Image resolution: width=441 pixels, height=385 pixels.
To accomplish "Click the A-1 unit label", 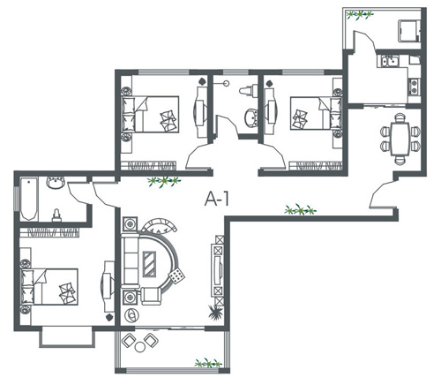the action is coord(217,199).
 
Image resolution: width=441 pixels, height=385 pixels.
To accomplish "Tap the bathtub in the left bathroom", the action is coord(29,199).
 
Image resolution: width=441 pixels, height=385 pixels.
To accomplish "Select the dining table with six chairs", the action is coord(400,139).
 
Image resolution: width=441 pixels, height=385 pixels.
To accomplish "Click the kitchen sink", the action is coord(390,61).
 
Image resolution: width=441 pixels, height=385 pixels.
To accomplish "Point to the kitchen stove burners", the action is coord(414,87).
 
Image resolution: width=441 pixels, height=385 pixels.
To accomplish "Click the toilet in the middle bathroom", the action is coord(249,90).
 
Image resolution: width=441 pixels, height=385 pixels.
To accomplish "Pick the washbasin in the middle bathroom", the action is coord(251,117).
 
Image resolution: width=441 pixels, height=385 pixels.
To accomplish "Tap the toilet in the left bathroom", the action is coord(56,215).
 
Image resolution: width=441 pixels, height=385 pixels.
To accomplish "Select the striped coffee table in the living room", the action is coord(149,264).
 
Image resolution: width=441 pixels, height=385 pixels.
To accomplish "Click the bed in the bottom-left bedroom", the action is coord(49,286).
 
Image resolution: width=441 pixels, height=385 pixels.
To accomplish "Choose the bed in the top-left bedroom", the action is coord(150,114).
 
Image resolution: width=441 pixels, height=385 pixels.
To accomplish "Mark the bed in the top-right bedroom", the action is coord(317,113).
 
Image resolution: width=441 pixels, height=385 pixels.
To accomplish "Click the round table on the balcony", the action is coord(139,347).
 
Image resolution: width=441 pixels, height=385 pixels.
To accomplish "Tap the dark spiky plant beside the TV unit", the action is coord(215,312).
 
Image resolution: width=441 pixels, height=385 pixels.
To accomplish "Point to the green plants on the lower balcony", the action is coord(208,363).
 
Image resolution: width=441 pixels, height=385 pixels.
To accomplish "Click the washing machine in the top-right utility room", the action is coord(408,31).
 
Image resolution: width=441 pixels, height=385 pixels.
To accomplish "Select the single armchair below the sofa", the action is coord(152,296).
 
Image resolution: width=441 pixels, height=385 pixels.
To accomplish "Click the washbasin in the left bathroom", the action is coord(56,183).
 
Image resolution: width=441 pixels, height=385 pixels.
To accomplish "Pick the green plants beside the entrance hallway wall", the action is coord(300,209).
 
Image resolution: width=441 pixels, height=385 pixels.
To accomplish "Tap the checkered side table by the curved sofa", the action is coord(176,276).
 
